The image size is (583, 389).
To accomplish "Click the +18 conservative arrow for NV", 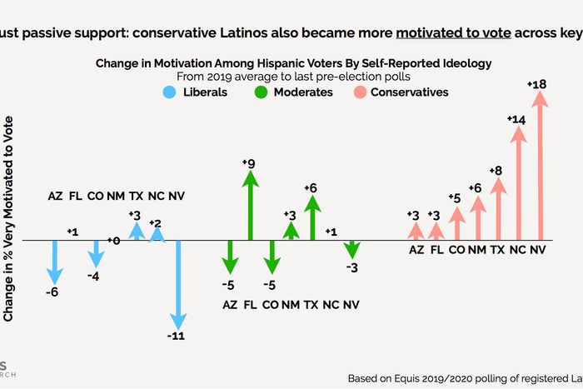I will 539,167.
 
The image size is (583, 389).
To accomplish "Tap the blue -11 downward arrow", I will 177,283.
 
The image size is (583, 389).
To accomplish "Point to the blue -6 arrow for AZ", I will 55,262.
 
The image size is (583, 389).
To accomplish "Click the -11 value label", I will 177,336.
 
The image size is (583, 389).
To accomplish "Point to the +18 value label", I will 537,84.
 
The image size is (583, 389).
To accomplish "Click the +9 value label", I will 249,162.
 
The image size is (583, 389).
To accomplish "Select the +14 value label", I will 516,120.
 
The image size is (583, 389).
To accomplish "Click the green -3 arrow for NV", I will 352,249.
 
